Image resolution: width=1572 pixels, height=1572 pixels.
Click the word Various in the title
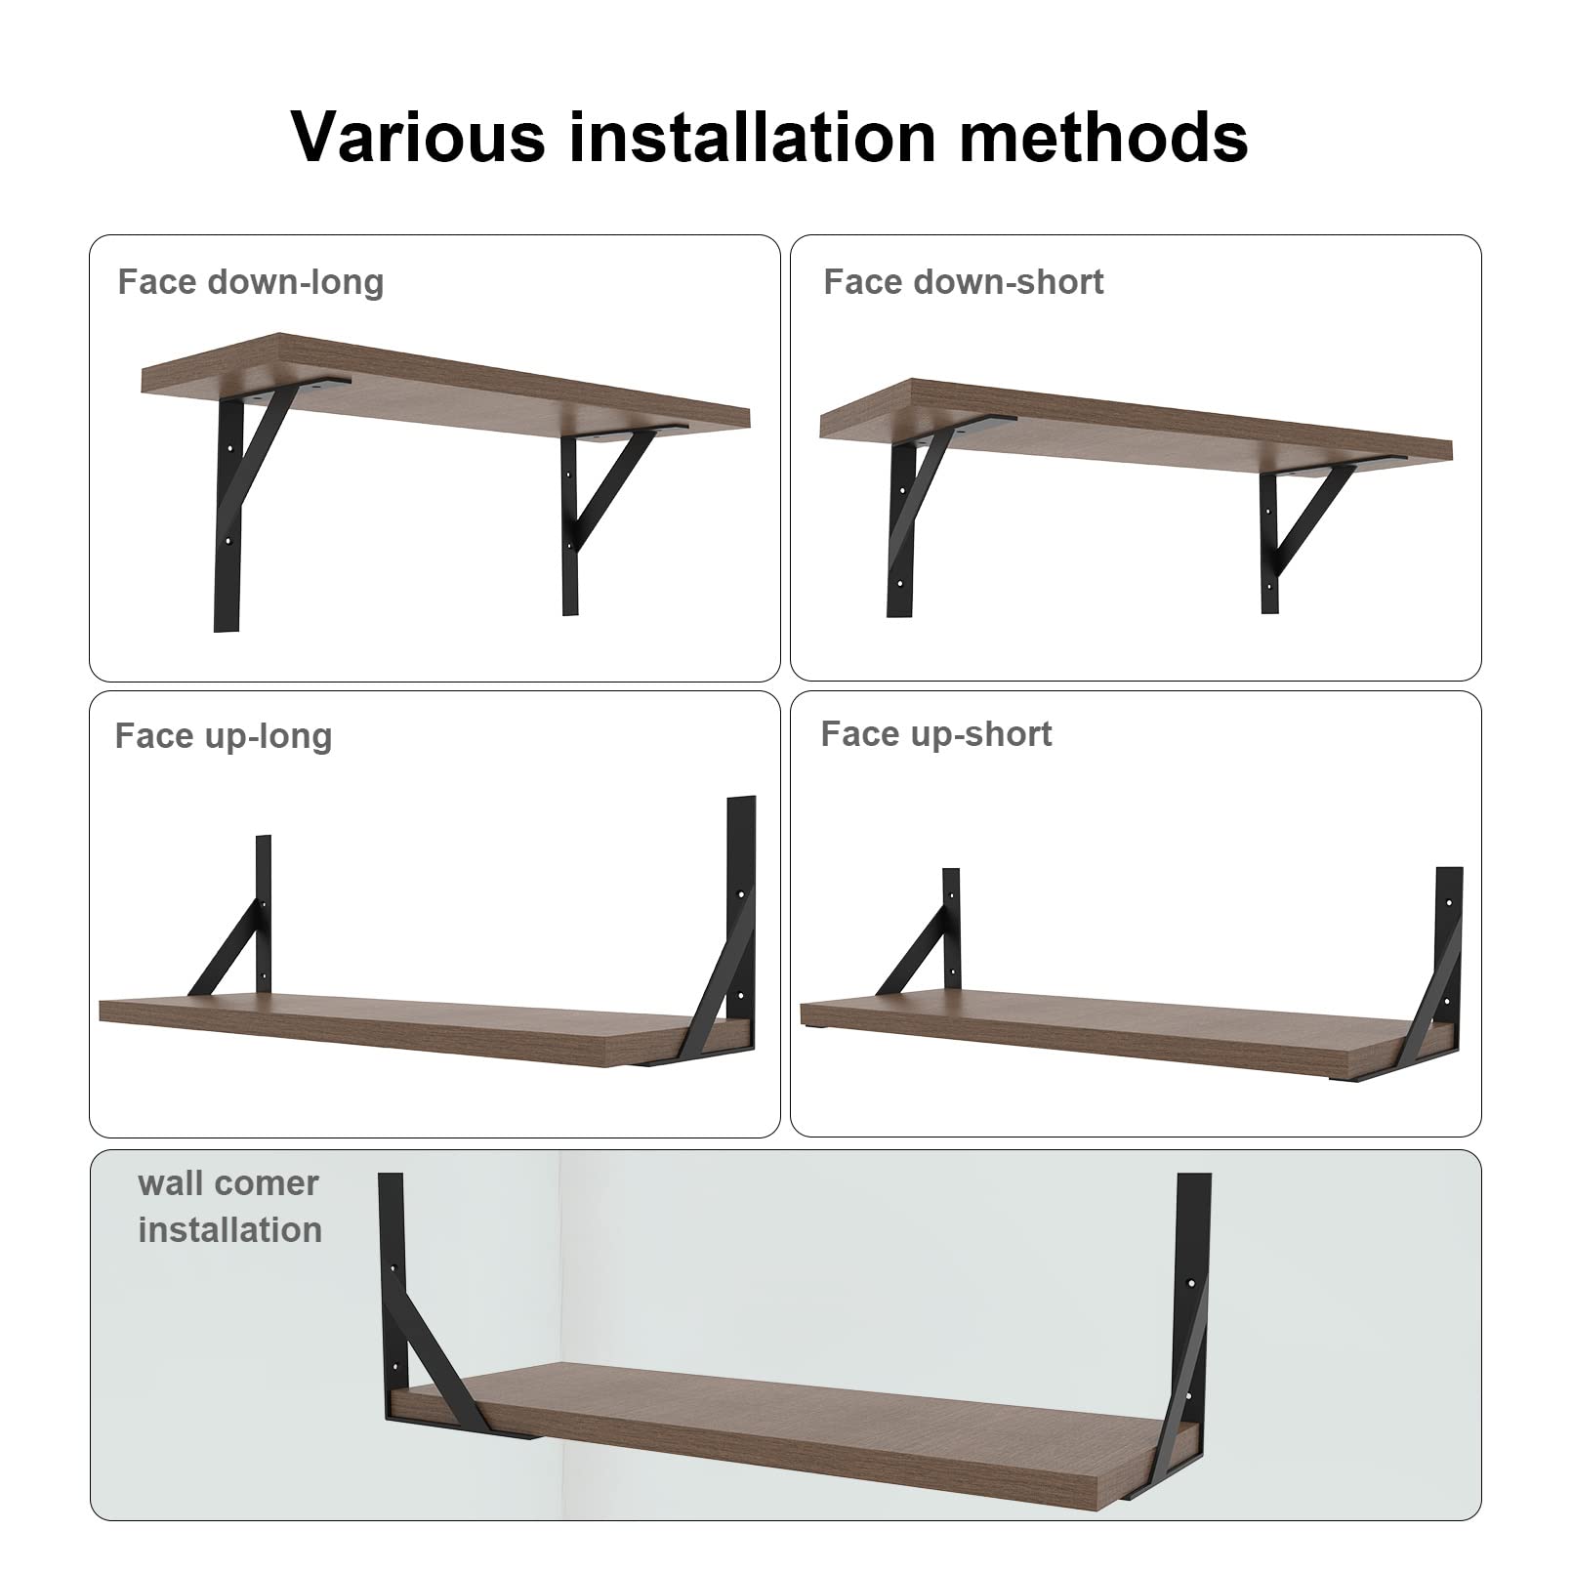(419, 136)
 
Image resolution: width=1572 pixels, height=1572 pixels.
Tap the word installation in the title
(753, 136)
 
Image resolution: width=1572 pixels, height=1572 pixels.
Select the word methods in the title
(1103, 136)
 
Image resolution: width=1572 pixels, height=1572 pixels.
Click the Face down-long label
(251, 282)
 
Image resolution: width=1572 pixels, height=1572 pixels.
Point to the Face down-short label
(964, 282)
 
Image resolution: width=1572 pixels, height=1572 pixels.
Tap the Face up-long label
(224, 736)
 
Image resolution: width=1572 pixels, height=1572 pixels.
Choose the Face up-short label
(936, 734)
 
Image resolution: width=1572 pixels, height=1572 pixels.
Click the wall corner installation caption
(229, 1207)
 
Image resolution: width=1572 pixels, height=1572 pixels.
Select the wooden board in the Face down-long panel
(445, 385)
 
